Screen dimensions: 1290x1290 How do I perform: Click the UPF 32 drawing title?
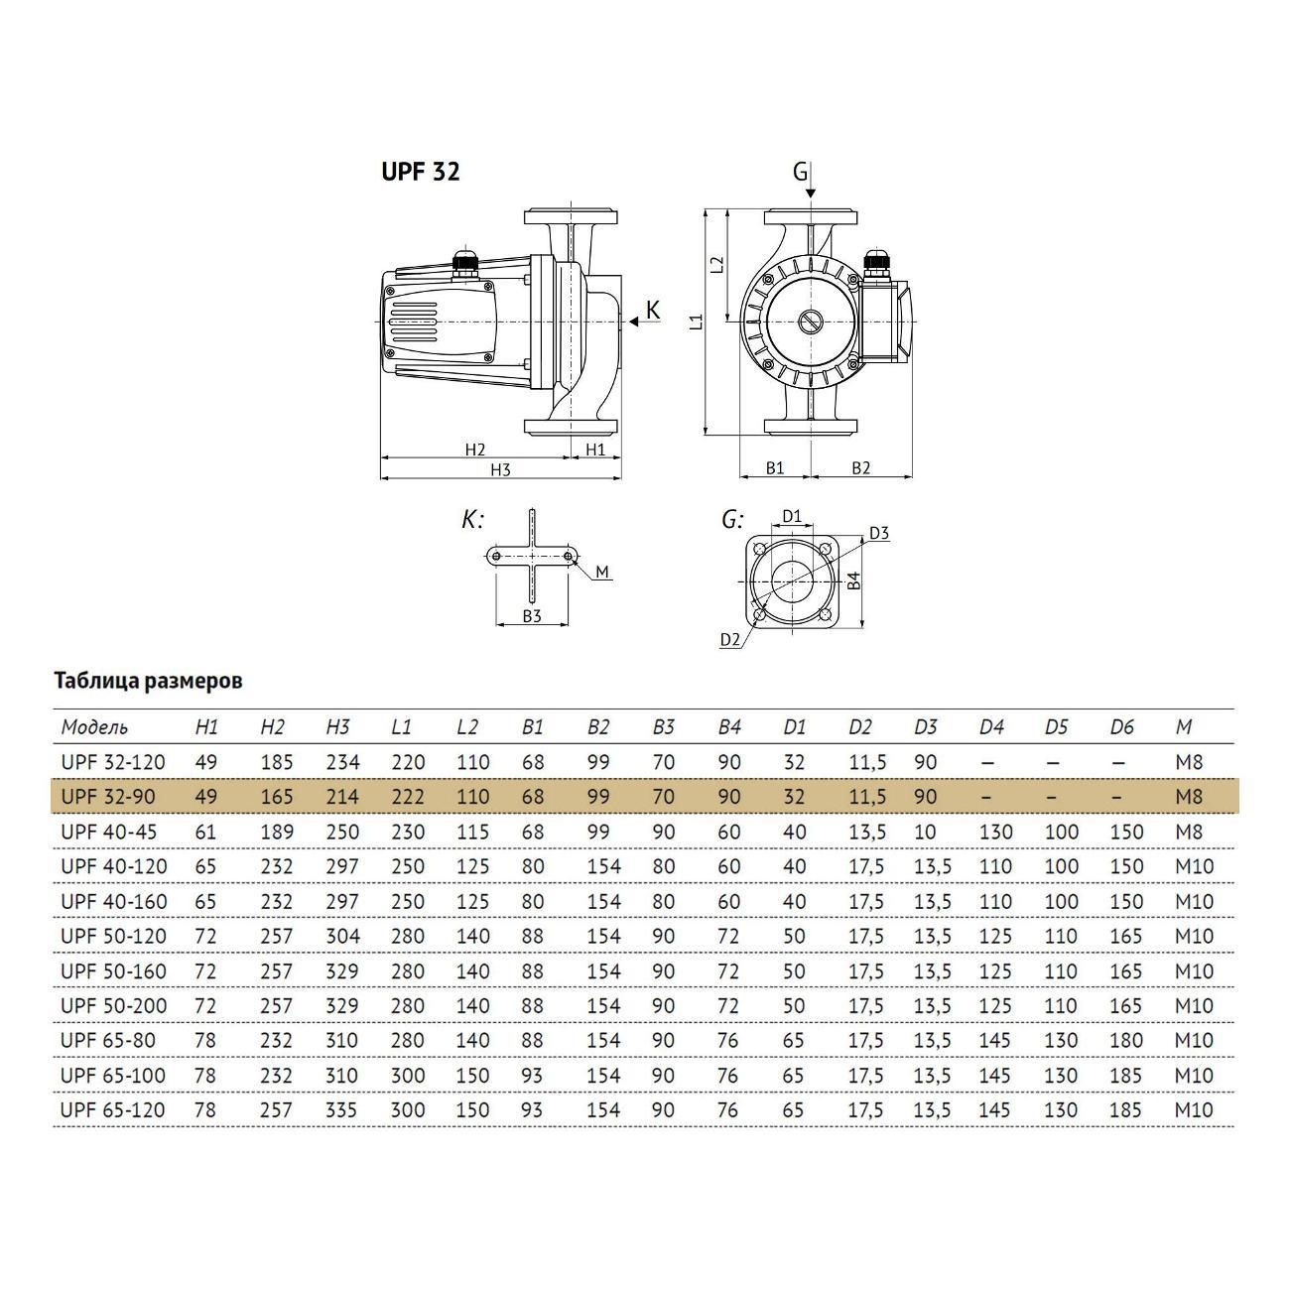pos(421,172)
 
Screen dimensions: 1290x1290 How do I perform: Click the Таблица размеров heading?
pos(148,681)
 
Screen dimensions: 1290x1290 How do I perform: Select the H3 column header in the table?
pos(337,727)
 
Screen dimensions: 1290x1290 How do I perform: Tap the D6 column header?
pos(1121,727)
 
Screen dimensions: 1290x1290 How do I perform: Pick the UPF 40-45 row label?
pos(108,832)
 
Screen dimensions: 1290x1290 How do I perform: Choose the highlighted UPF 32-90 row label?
pos(108,797)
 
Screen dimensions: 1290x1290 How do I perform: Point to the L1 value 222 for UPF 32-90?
pos(408,797)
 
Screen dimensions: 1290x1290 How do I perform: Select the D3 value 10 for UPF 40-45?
pos(925,832)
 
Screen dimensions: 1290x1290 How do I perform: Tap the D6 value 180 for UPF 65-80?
pos(1126,1040)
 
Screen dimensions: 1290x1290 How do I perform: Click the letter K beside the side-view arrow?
pos(652,311)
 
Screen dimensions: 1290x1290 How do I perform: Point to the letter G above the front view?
pos(800,172)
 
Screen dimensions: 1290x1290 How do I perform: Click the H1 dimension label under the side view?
pos(594,450)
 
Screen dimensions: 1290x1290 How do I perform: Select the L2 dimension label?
pos(718,265)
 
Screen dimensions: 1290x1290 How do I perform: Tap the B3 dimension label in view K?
pos(532,616)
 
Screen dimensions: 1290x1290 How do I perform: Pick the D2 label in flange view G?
pos(730,640)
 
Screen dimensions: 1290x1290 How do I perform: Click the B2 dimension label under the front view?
pos(860,468)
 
